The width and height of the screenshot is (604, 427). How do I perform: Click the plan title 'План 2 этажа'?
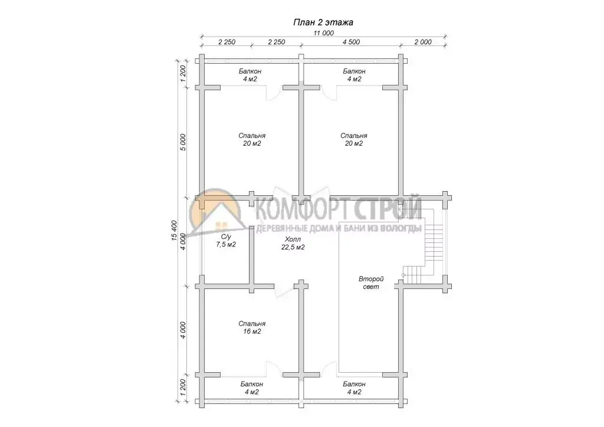(323, 22)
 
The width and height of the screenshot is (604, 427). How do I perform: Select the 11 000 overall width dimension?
(324, 33)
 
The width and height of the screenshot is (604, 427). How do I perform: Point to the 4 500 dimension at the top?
(352, 42)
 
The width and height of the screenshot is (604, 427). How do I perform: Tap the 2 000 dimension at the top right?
(423, 42)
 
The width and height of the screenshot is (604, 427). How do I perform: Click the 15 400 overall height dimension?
(174, 231)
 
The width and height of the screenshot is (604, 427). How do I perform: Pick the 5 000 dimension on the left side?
(183, 142)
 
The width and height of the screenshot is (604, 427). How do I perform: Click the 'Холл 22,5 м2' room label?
(293, 244)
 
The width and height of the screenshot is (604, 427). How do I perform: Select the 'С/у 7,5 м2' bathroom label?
(226, 241)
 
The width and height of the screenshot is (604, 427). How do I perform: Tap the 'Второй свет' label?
(371, 283)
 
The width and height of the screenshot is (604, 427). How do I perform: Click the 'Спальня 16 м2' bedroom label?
(252, 328)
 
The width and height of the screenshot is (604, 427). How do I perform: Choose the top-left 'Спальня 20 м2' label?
(252, 139)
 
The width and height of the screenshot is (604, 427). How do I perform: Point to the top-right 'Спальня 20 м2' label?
(354, 139)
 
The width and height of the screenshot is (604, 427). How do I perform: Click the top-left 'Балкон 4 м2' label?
(250, 75)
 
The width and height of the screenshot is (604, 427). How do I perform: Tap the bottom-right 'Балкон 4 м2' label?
(354, 388)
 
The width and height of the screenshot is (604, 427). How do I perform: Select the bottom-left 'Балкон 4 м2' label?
(251, 388)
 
